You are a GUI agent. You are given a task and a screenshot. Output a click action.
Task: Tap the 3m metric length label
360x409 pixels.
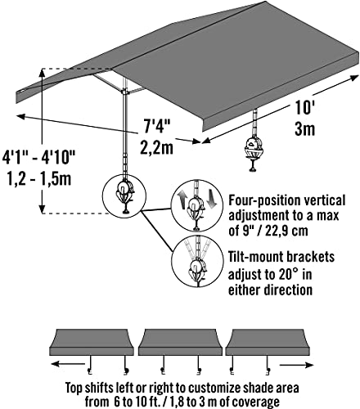[x=305, y=128]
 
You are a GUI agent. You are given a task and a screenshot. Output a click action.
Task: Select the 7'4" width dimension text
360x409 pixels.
[x=157, y=126]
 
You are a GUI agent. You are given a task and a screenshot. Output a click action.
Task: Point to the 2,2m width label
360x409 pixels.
[x=157, y=147]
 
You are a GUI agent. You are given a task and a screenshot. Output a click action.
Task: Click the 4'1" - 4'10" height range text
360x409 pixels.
[x=39, y=157]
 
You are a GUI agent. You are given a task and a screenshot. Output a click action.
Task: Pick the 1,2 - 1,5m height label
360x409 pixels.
[x=39, y=178]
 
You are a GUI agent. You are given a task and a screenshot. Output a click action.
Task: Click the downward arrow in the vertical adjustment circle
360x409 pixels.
[x=211, y=199]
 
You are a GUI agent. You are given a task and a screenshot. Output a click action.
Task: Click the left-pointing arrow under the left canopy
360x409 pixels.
[x=68, y=364]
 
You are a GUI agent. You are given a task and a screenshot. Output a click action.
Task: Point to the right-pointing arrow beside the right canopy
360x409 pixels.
[x=297, y=365]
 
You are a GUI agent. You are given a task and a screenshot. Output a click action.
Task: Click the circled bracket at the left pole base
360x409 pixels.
[x=124, y=196]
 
